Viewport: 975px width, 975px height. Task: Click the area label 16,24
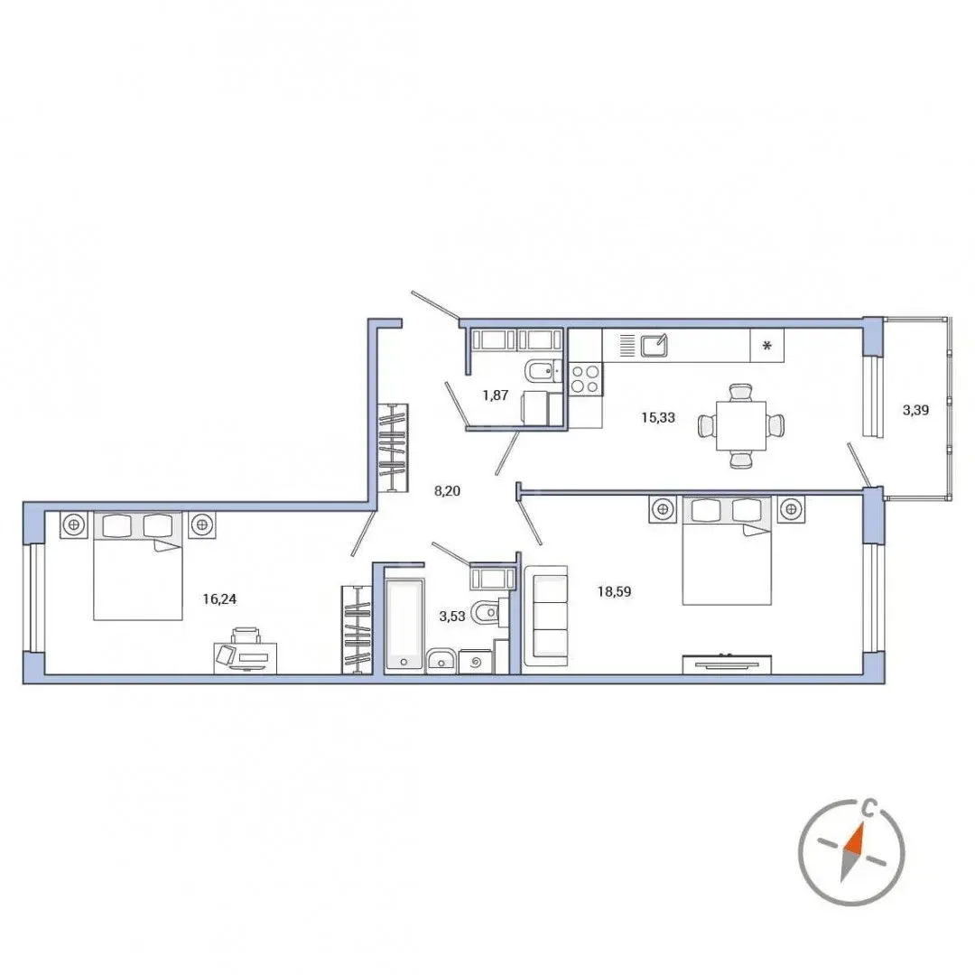pyautogui.click(x=219, y=599)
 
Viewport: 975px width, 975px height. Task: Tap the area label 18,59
pyautogui.click(x=615, y=591)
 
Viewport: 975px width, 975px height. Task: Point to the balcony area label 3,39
pyautogui.click(x=916, y=410)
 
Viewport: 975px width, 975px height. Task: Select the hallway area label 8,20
pyautogui.click(x=447, y=490)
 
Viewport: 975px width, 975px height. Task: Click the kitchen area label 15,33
pyautogui.click(x=658, y=417)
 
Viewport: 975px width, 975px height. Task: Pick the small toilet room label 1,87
pyautogui.click(x=496, y=395)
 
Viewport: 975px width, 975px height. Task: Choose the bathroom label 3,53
pyautogui.click(x=452, y=617)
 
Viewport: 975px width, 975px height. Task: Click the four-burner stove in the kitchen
pyautogui.click(x=585, y=378)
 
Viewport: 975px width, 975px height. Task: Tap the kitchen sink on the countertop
pyautogui.click(x=655, y=345)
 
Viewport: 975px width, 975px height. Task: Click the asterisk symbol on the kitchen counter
pyautogui.click(x=766, y=346)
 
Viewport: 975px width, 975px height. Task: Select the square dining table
pyautogui.click(x=740, y=426)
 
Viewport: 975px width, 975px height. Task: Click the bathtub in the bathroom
pyautogui.click(x=404, y=626)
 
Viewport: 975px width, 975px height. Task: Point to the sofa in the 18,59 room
pyautogui.click(x=545, y=616)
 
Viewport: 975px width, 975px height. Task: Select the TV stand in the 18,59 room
pyautogui.click(x=727, y=664)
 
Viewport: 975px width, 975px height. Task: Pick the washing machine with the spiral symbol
pyautogui.click(x=476, y=662)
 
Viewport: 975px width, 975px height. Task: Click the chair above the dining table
pyautogui.click(x=740, y=393)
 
